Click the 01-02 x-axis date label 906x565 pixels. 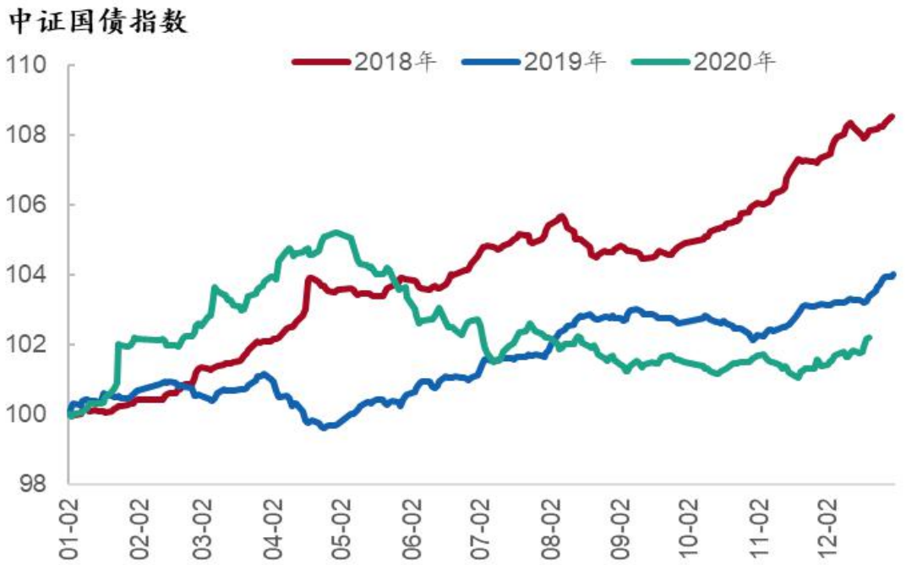(x=69, y=529)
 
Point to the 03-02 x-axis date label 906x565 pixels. (x=207, y=529)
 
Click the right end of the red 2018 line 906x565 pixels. (x=892, y=117)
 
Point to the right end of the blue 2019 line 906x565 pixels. (x=892, y=274)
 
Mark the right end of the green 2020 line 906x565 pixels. (x=869, y=337)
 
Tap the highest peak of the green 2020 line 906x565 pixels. (x=337, y=233)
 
